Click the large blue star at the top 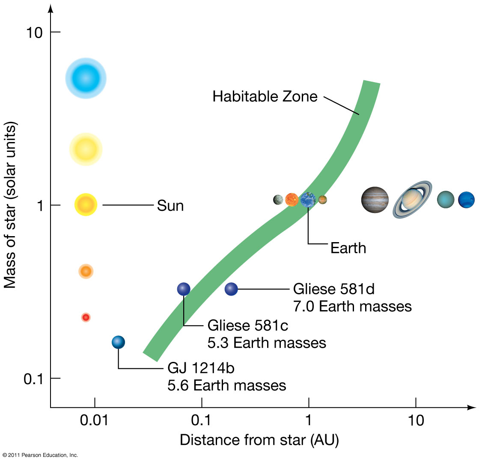tap(86, 78)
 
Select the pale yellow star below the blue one tap(86, 149)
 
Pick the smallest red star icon tap(86, 317)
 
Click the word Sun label tap(170, 206)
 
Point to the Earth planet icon tap(308, 200)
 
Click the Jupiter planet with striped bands tap(375, 200)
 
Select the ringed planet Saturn tap(412, 199)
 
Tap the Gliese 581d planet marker tap(231, 289)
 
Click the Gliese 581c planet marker tap(183, 289)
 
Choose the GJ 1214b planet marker tap(118, 342)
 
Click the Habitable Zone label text tap(265, 97)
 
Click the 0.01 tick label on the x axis tap(94, 421)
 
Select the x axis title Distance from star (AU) tap(259, 440)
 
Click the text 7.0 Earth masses tap(352, 306)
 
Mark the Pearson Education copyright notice tap(40, 455)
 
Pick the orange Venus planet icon tap(292, 200)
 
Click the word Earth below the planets tap(348, 248)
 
